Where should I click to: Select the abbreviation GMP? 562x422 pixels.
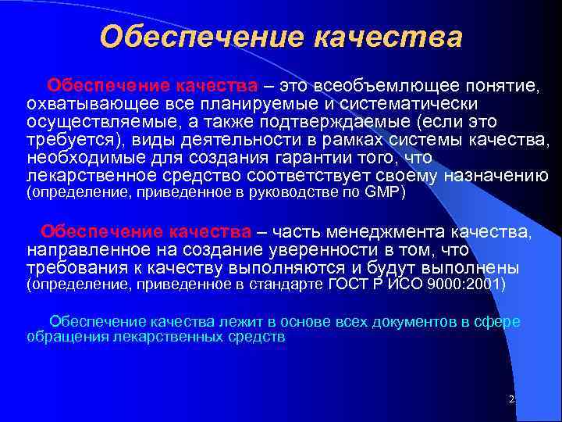point(384,192)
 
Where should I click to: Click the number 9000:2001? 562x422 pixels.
point(466,285)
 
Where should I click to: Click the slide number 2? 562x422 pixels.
point(511,399)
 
